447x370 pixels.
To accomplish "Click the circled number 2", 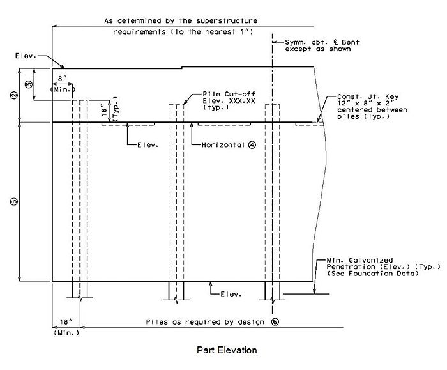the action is click(13, 95).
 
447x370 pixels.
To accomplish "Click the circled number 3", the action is click(29, 84).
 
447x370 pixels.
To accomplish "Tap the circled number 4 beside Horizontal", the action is click(252, 145).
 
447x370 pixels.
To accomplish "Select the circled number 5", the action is click(13, 202).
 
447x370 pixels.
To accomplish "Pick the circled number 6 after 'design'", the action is click(275, 322).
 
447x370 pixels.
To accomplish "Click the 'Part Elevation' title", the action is click(227, 350).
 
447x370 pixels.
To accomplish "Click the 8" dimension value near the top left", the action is click(62, 79).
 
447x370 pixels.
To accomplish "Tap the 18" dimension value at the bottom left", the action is click(66, 322).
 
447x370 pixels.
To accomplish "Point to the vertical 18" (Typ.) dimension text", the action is click(110, 109).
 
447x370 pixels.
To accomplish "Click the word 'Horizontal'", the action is click(223, 145).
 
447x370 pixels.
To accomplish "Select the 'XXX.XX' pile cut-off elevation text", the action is click(242, 101).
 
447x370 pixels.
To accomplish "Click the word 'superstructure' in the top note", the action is click(226, 21).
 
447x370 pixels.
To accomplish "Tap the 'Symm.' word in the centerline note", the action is click(295, 43).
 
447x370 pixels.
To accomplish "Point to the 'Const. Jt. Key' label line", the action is click(368, 96).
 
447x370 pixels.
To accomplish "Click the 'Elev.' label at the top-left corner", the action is click(26, 56).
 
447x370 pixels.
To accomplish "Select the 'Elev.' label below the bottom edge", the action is click(231, 294).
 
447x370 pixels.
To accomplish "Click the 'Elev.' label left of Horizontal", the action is click(148, 145).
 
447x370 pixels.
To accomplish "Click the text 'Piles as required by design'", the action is click(205, 322).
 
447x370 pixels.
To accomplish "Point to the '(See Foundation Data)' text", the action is click(372, 274).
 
